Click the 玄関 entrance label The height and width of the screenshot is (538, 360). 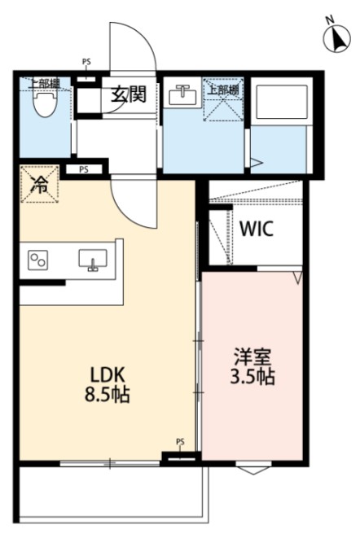click(129, 94)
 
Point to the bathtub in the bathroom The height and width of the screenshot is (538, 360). click(278, 105)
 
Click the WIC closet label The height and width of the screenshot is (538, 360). click(256, 229)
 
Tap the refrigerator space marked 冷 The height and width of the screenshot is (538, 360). click(39, 185)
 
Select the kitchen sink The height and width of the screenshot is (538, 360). click(93, 260)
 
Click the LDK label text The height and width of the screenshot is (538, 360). click(108, 376)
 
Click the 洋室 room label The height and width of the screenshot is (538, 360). click(251, 356)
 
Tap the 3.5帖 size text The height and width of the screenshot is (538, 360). click(251, 378)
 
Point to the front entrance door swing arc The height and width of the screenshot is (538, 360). click(134, 45)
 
